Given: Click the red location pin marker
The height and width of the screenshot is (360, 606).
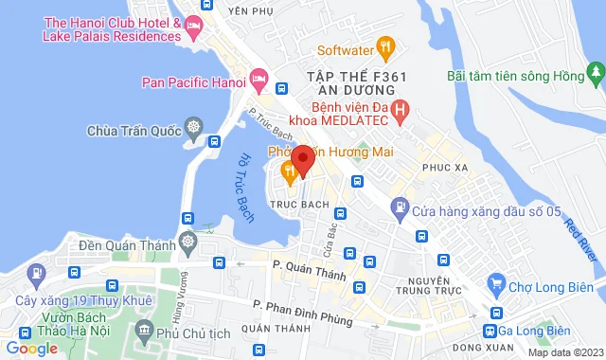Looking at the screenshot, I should coord(302,159).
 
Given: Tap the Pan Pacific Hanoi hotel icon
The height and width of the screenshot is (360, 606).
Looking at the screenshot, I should coord(258,81).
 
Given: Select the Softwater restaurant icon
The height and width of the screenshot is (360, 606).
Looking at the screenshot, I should coord(385,45).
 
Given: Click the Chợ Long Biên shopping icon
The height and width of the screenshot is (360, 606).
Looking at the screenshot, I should coord(494,282).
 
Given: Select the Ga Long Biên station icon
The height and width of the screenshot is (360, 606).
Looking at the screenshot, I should coord(490,331).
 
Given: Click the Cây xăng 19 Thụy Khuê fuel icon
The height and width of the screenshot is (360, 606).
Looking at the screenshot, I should coord(37,275).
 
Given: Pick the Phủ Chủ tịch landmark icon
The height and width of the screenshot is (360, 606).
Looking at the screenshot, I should coord(144,331).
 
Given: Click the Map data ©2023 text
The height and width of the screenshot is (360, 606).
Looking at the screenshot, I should coord(564,352).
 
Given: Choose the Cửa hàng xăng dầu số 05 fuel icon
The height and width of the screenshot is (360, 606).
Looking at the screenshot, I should coord(401,206).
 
